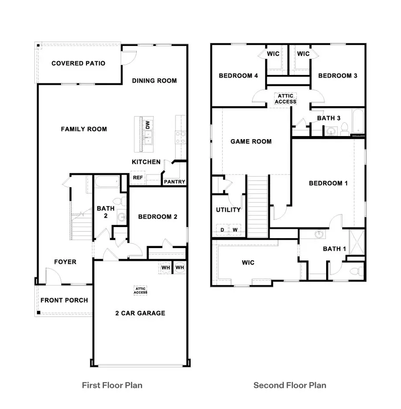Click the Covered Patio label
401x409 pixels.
click(x=79, y=63)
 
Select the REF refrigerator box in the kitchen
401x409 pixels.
click(x=138, y=178)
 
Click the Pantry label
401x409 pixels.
click(x=175, y=182)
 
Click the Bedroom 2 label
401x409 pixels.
click(x=158, y=217)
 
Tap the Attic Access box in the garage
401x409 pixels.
click(x=141, y=290)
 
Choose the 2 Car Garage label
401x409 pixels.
click(x=140, y=313)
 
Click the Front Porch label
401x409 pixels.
click(x=64, y=300)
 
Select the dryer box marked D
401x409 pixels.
click(x=222, y=230)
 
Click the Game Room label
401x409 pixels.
click(x=251, y=141)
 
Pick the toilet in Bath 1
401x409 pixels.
click(x=356, y=270)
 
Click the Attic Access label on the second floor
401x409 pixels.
click(x=285, y=99)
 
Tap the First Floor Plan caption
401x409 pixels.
click(x=112, y=385)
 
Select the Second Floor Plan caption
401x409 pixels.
click(x=290, y=385)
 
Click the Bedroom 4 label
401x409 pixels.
click(x=238, y=76)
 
